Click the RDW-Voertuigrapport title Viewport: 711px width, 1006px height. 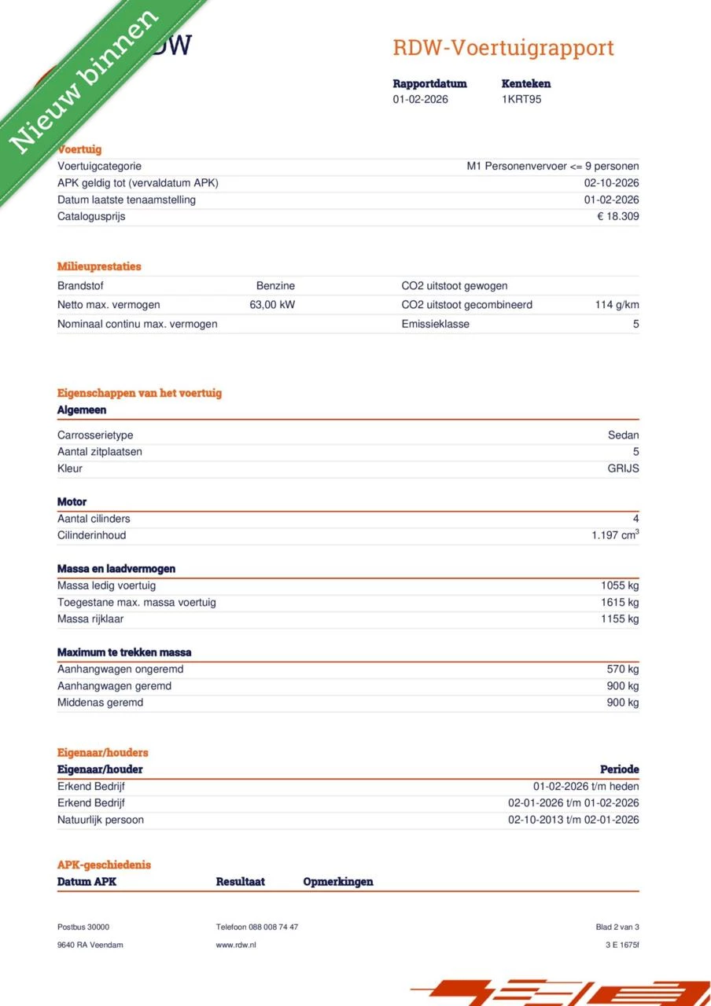click(503, 48)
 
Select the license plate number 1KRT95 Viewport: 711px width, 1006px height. click(521, 100)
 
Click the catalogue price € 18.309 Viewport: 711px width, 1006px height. click(618, 216)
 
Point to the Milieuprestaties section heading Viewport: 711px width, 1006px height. click(99, 266)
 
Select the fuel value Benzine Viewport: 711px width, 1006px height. click(275, 286)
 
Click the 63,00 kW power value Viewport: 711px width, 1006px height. click(272, 305)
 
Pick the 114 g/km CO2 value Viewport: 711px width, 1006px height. click(617, 305)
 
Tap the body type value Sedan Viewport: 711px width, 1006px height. click(624, 435)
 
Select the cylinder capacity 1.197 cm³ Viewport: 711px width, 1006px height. click(615, 535)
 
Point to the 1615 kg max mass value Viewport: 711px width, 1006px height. click(620, 603)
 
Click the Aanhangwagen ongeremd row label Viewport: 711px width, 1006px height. click(120, 670)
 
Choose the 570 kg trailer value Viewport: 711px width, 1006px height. click(623, 670)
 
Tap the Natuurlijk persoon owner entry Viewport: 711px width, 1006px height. click(101, 820)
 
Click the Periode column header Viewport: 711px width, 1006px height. click(619, 769)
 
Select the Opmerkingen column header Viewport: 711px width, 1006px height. click(338, 882)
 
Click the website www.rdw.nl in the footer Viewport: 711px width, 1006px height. click(236, 945)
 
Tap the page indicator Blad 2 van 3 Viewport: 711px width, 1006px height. click(617, 927)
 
